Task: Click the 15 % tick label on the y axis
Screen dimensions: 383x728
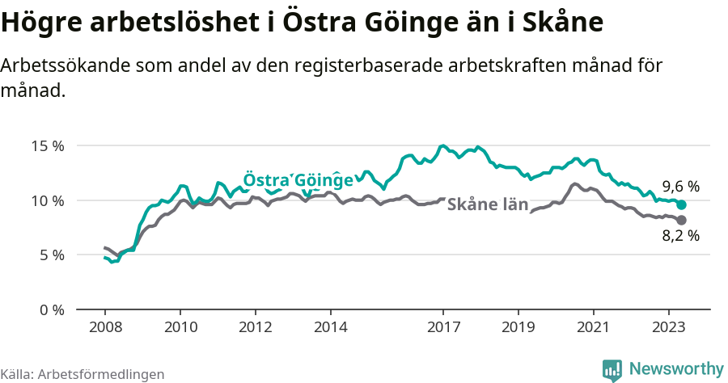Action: [48, 146]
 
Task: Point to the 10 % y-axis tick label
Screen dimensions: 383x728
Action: [48, 200]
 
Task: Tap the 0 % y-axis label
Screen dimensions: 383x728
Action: [51, 309]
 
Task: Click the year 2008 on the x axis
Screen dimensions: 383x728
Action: [105, 327]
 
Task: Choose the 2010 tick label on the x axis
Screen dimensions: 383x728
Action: [180, 327]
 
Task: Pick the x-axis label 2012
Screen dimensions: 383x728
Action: [256, 327]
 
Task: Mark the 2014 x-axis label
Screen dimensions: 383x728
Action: [331, 327]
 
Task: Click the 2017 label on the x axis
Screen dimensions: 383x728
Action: [443, 327]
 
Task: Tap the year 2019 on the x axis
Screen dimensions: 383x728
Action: [518, 327]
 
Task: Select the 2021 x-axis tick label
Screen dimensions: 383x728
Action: [594, 327]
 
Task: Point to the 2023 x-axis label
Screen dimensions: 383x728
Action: [669, 327]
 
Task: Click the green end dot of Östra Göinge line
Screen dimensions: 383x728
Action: [681, 205]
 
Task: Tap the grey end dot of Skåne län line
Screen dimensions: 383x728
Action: [681, 220]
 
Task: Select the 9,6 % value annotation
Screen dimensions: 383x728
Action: [680, 186]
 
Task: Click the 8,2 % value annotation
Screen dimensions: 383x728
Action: [680, 237]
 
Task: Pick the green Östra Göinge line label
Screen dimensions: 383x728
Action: [298, 179]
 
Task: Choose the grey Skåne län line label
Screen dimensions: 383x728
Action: [487, 204]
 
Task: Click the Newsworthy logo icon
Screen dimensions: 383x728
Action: [612, 369]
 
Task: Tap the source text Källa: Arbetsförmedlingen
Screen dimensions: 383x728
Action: [83, 374]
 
